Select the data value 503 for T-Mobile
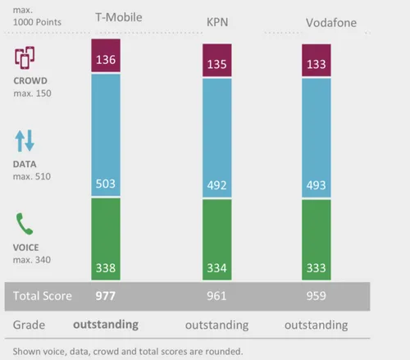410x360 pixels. point(105,184)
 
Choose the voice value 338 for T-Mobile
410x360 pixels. point(105,267)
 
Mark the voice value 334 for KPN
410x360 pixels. point(216,267)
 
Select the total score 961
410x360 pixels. point(216,295)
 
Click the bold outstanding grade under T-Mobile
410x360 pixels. point(106,325)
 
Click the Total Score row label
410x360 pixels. point(42,295)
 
